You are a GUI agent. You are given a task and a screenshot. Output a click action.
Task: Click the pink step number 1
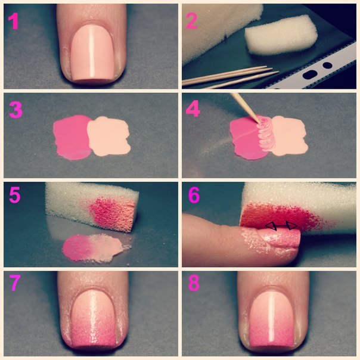pyautogui.click(x=13, y=21)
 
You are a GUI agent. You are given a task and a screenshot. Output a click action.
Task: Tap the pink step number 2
pyautogui.click(x=191, y=21)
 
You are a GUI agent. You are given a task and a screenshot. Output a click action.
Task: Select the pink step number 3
pyautogui.click(x=15, y=110)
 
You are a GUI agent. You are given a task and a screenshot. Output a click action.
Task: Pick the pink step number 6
pyautogui.click(x=194, y=195)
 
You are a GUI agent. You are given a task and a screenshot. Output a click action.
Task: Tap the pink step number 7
pyautogui.click(x=14, y=283)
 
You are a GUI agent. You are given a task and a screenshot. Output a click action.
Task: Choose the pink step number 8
pyautogui.click(x=194, y=283)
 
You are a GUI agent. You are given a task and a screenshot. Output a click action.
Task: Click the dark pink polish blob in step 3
pyautogui.click(x=71, y=137)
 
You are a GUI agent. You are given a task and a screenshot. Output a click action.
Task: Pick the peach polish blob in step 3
pyautogui.click(x=108, y=136)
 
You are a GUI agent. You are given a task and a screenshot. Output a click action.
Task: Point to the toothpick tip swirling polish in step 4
pyautogui.click(x=260, y=120)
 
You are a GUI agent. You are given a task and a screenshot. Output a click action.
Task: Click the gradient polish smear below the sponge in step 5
pyautogui.click(x=97, y=249)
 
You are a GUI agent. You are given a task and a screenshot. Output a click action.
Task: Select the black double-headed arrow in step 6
pyautogui.click(x=281, y=226)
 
